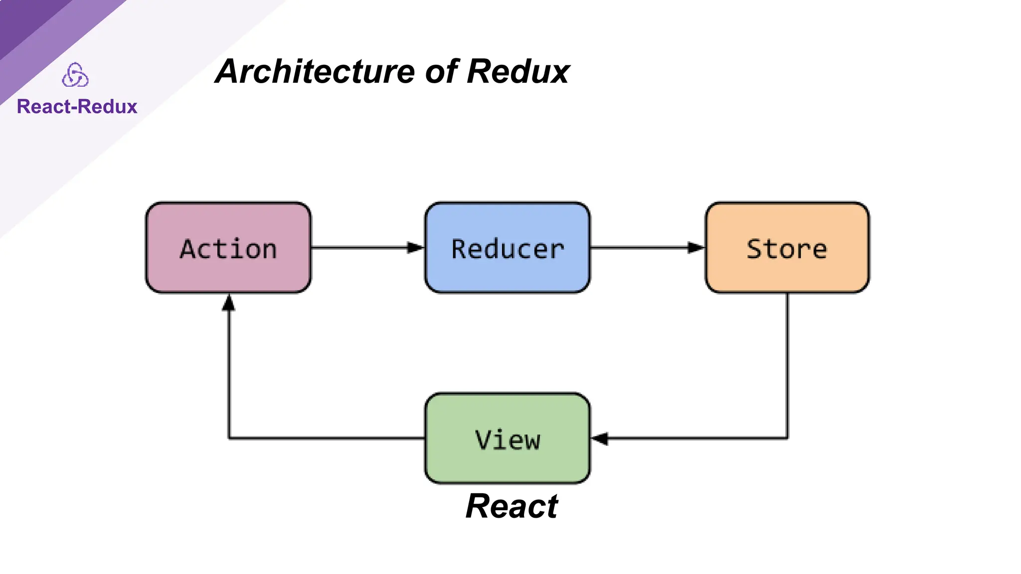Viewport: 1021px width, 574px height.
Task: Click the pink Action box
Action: pos(228,248)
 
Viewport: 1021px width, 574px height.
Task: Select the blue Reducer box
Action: pos(508,248)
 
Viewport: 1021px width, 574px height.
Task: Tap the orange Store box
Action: pos(787,248)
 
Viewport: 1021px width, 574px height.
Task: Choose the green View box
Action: pos(508,438)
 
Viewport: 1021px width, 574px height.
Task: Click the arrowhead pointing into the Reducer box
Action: pos(415,248)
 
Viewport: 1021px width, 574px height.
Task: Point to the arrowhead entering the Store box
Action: pos(695,248)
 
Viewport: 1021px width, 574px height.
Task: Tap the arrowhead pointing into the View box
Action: pos(600,438)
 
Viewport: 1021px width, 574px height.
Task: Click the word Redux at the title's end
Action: pos(518,72)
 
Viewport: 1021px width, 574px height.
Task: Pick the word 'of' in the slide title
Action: pos(441,72)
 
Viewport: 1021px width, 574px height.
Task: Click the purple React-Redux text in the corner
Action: pos(77,107)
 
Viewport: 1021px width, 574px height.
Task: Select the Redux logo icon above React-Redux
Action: pos(75,75)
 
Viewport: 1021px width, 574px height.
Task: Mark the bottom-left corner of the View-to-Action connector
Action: pos(229,438)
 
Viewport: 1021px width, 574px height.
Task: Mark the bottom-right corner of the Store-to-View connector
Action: pos(787,438)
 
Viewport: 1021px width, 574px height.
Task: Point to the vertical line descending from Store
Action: pos(788,364)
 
